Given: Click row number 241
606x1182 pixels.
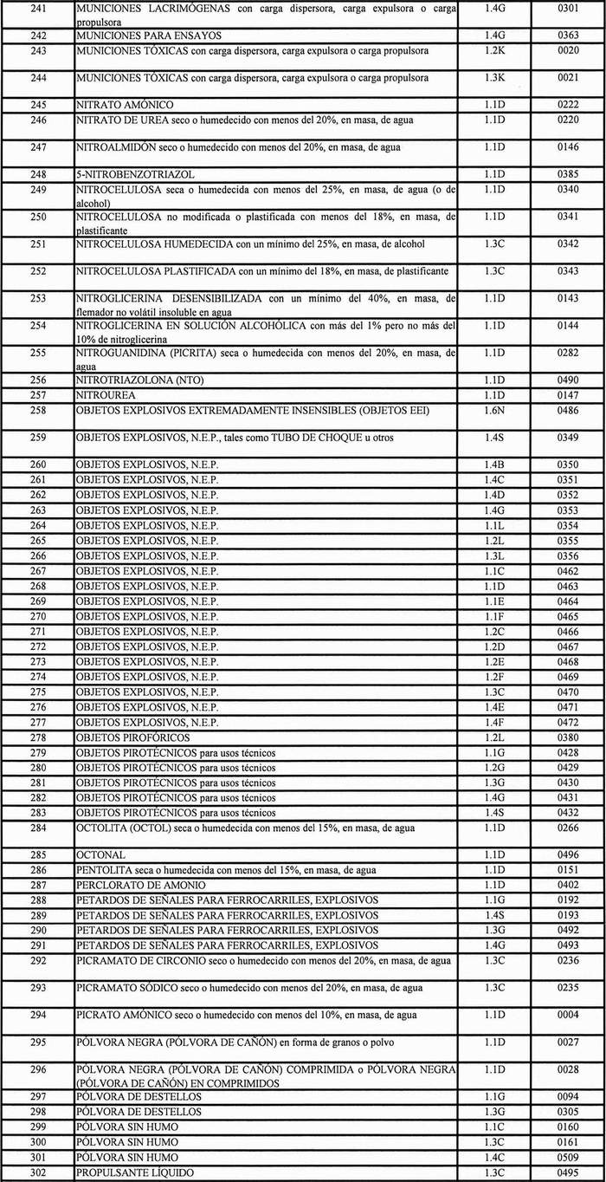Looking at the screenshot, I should point(35,8).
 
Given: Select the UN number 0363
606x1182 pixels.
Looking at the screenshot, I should point(568,36).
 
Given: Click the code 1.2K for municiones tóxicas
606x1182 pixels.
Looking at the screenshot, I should point(494,51).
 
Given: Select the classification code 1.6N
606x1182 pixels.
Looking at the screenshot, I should point(494,410).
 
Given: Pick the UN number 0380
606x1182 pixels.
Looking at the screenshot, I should point(568,737).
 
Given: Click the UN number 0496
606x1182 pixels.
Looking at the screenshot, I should point(568,855).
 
